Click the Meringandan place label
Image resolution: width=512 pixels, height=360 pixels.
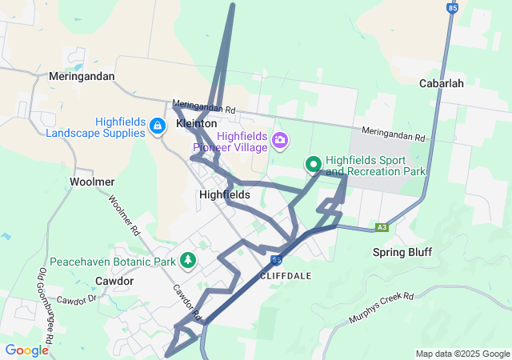82,77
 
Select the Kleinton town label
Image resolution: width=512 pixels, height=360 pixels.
196,125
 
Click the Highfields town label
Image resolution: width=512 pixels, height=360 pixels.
225,194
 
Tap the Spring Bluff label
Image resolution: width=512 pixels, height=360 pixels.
402,253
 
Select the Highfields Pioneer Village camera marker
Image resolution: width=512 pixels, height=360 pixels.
280,141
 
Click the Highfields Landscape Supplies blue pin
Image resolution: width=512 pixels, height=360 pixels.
158,126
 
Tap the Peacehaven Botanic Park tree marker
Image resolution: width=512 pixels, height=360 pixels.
188,260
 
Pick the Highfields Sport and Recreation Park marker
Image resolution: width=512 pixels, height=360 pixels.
314,165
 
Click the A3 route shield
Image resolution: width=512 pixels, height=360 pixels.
382,227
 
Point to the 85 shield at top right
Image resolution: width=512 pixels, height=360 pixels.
454,8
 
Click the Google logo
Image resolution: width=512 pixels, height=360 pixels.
26,350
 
